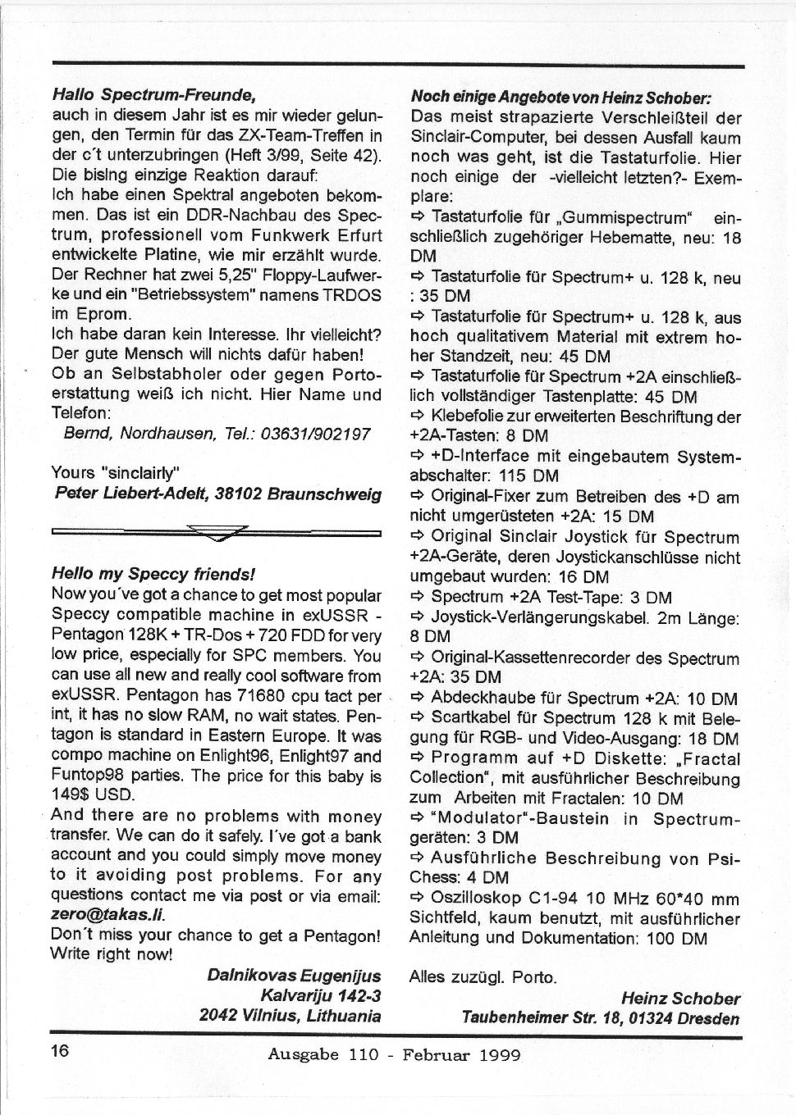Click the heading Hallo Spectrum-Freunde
click(149, 96)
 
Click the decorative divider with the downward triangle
click(216, 533)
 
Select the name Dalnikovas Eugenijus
click(294, 976)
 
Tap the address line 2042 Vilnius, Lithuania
click(290, 1015)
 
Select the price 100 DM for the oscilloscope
click(676, 938)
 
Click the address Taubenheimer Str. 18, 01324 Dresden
click(600, 1018)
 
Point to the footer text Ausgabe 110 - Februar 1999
click(394, 1054)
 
